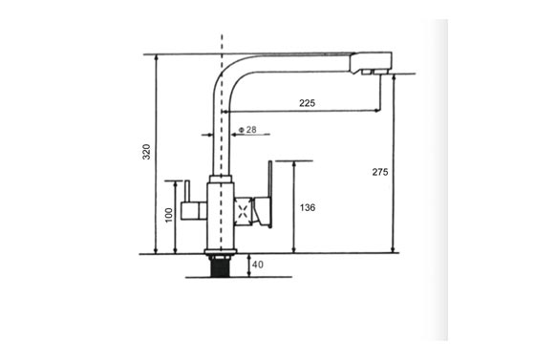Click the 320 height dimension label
point(146,152)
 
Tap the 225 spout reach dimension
point(307,103)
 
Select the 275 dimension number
point(380,172)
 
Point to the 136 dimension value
point(308,207)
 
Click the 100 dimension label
point(169,215)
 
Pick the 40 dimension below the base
point(258,265)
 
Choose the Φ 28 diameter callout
point(247,130)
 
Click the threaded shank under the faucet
point(220,265)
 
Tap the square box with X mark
point(244,212)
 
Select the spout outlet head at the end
point(371,63)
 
